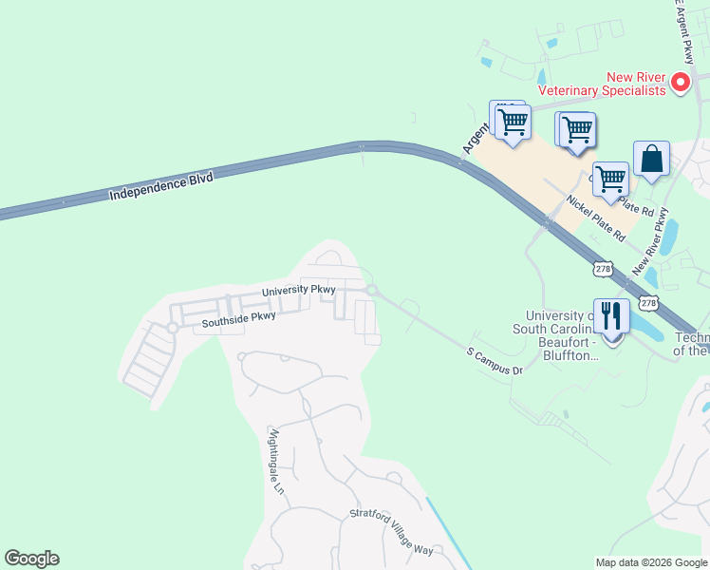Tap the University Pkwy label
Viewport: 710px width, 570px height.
[x=300, y=291]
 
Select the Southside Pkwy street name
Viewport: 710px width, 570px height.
[x=238, y=320]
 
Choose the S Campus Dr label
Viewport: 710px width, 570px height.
[x=495, y=360]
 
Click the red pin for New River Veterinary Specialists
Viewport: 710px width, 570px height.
[x=681, y=83]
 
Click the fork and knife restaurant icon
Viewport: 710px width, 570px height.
[x=612, y=316]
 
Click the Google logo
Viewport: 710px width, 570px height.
[x=31, y=559]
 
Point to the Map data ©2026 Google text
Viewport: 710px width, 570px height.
[x=651, y=562]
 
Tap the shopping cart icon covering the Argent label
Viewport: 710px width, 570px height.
[x=513, y=123]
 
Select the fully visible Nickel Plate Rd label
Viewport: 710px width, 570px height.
[x=595, y=217]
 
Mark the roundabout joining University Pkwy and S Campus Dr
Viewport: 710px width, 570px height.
[x=372, y=291]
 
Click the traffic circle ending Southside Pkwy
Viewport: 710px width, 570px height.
[x=173, y=328]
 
